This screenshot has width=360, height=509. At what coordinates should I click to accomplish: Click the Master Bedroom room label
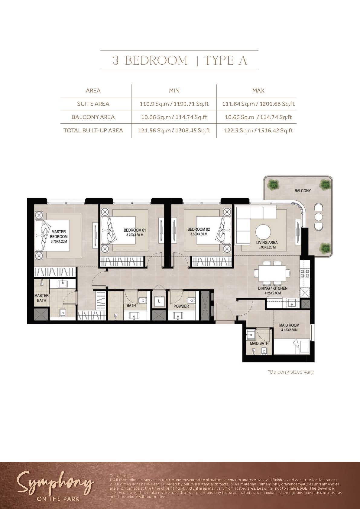[59, 234]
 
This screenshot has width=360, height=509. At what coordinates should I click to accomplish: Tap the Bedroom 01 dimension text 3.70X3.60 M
[135, 235]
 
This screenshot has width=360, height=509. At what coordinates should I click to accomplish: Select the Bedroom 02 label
[199, 229]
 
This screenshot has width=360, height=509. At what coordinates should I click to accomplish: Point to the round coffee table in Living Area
[263, 232]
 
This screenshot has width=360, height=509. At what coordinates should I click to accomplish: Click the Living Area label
[267, 242]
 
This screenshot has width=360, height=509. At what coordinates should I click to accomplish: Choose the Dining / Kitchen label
[273, 288]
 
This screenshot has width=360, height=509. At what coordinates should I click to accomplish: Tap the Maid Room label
[289, 325]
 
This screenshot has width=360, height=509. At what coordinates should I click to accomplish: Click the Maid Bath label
[259, 343]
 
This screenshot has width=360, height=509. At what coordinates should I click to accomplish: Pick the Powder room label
[181, 306]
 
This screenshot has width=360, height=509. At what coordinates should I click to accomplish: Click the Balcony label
[303, 191]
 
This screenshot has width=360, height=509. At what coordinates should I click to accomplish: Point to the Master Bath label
[41, 298]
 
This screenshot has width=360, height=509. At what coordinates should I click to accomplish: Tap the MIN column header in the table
[174, 90]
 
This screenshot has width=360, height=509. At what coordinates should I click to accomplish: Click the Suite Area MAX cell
[258, 104]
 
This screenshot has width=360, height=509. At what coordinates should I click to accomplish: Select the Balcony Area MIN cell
[174, 117]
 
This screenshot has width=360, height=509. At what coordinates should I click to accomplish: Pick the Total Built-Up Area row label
[93, 131]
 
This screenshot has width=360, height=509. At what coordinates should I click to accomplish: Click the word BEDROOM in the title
[156, 60]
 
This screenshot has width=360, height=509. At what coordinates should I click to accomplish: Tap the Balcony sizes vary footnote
[291, 372]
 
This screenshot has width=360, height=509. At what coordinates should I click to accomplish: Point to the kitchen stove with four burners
[305, 274]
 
